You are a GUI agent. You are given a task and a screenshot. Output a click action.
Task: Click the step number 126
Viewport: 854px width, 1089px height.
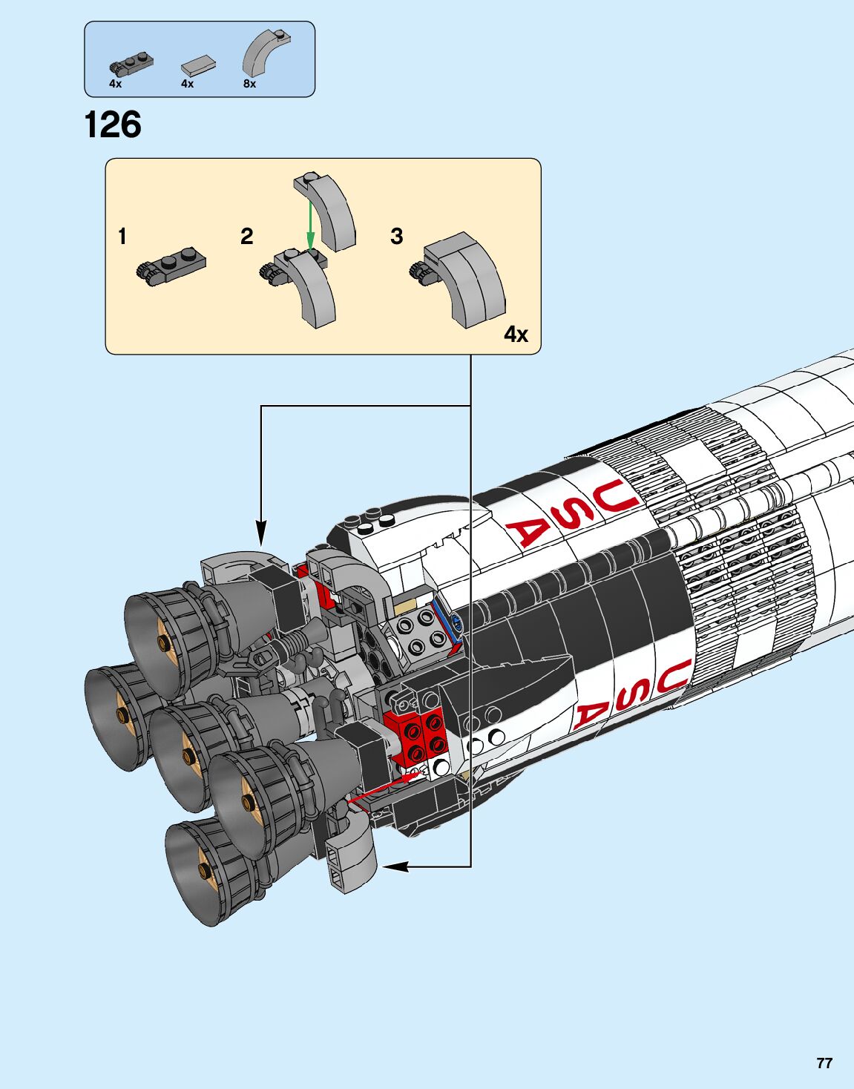(x=113, y=125)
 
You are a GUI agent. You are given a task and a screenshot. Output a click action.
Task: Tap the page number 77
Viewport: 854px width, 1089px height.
(x=824, y=1063)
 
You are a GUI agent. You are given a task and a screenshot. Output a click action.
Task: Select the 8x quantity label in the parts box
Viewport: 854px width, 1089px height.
(x=249, y=85)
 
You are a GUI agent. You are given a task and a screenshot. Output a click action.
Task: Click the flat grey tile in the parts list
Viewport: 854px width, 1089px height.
(x=198, y=66)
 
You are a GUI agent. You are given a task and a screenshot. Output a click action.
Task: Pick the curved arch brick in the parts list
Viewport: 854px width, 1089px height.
(x=266, y=52)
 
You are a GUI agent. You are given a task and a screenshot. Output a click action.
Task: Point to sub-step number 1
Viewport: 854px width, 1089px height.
(x=122, y=237)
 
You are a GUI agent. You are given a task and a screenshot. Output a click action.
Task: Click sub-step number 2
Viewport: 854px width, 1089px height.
(x=247, y=237)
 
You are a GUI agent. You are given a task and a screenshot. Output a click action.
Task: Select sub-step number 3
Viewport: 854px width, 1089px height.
(x=397, y=237)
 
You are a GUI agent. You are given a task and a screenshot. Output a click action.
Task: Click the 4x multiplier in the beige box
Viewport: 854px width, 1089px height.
(x=516, y=335)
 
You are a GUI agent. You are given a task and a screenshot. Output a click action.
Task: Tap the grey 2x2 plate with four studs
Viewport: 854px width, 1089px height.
(x=416, y=631)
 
